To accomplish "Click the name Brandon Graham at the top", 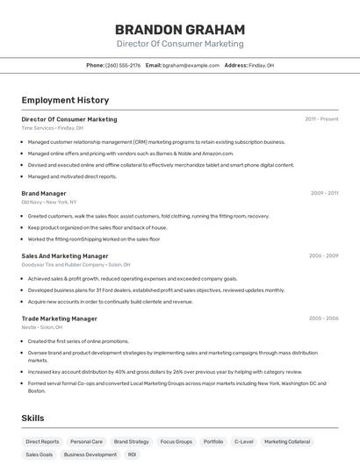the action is pyautogui.click(x=180, y=29).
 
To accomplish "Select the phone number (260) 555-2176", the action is pyautogui.click(x=123, y=65).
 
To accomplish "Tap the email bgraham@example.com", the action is pyautogui.click(x=191, y=65).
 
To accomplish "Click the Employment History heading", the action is pyautogui.click(x=65, y=100).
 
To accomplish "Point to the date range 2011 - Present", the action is pyautogui.click(x=321, y=118).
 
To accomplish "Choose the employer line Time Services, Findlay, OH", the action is pyautogui.click(x=53, y=128).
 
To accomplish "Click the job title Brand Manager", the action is pyautogui.click(x=44, y=193).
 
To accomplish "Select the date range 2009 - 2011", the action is pyautogui.click(x=324, y=193).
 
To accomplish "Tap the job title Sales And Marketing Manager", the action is pyautogui.click(x=65, y=256).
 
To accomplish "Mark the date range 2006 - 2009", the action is pyautogui.click(x=323, y=256).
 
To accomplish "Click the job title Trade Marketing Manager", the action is pyautogui.click(x=59, y=318).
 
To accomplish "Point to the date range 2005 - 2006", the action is pyautogui.click(x=323, y=318).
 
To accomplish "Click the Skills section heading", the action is pyautogui.click(x=32, y=418).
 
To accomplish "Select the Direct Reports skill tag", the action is pyautogui.click(x=42, y=442).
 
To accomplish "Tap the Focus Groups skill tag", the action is pyautogui.click(x=176, y=442).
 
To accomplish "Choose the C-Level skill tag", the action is pyautogui.click(x=244, y=442).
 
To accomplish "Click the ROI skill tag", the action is pyautogui.click(x=132, y=455).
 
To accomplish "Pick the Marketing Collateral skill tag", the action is pyautogui.click(x=287, y=442).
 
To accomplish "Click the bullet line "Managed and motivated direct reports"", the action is pyautogui.click(x=72, y=175).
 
